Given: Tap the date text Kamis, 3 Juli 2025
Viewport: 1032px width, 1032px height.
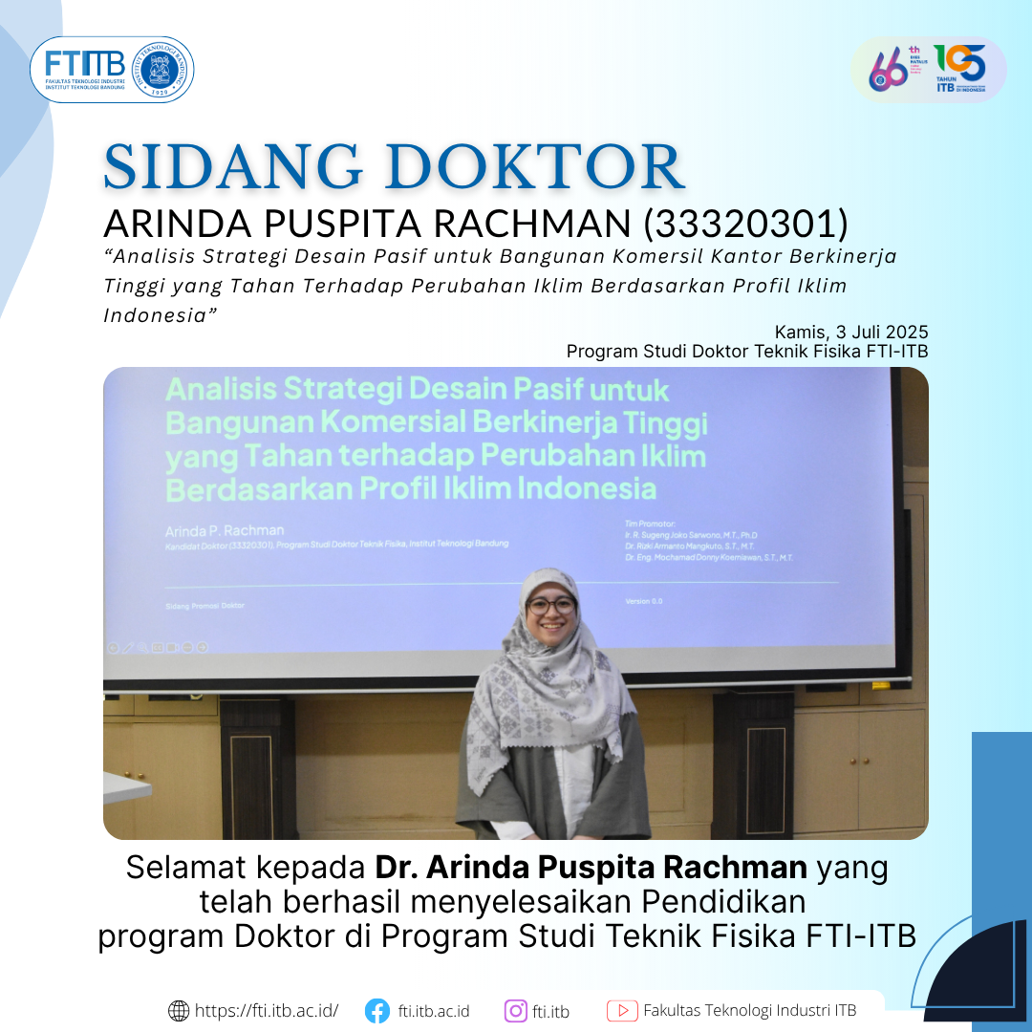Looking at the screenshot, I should tap(851, 332).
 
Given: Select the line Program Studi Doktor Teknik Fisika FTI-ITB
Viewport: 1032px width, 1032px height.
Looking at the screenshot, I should tap(746, 351).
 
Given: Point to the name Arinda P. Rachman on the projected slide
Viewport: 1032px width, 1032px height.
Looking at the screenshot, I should tap(226, 530).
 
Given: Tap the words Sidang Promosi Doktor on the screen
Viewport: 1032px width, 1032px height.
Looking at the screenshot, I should tap(205, 605).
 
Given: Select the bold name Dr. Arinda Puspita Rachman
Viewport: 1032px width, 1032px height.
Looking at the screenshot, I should tap(591, 868).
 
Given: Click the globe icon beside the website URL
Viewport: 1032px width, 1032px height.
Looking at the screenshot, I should tap(179, 1010).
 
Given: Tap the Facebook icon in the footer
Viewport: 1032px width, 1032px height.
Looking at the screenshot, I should tap(377, 1010).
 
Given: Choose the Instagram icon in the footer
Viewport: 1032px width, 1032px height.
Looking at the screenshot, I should tap(516, 1010).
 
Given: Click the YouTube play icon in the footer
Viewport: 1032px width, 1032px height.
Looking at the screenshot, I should tap(622, 1010).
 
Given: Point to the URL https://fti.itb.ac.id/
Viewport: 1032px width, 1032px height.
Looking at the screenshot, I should tap(267, 1011).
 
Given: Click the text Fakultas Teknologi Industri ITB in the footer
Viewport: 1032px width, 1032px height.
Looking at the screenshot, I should tap(749, 1010).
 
